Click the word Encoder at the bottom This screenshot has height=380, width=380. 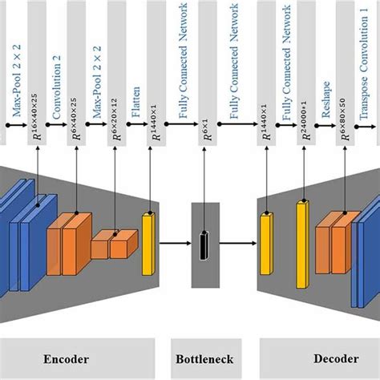click(67, 360)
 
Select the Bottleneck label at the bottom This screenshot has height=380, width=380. click(201, 360)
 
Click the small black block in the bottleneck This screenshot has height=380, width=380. click(204, 242)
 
